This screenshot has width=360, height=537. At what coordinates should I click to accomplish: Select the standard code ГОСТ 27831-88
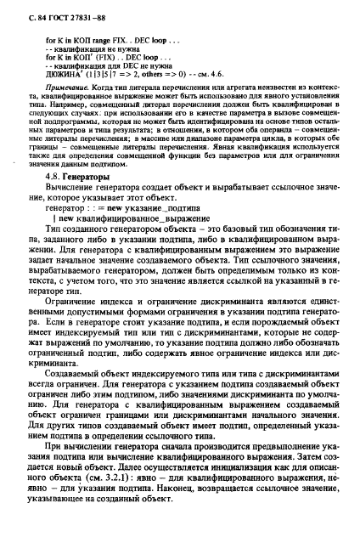[81, 10]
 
